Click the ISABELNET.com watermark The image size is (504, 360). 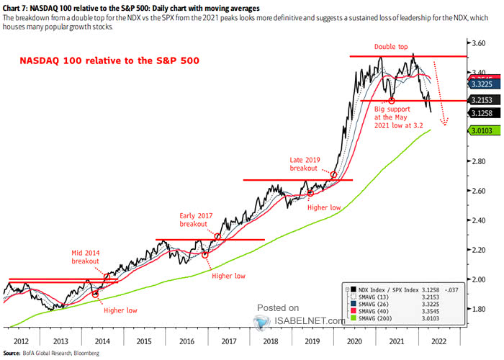[296, 320]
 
